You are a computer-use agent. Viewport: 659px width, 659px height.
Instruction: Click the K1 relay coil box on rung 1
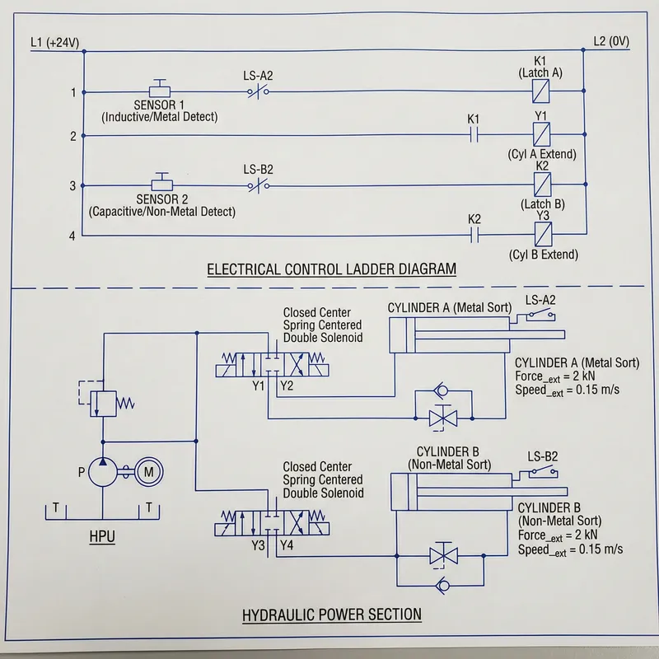pyautogui.click(x=541, y=91)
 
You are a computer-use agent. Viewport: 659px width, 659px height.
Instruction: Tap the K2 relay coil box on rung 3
pyautogui.click(x=541, y=185)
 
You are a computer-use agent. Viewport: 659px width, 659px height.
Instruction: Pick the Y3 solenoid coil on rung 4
pyautogui.click(x=541, y=236)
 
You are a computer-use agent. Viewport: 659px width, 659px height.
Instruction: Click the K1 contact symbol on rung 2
pyautogui.click(x=474, y=135)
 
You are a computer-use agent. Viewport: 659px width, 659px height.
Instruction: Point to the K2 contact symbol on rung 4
pyautogui.click(x=474, y=236)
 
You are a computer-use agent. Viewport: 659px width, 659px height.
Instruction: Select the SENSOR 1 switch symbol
pyautogui.click(x=161, y=89)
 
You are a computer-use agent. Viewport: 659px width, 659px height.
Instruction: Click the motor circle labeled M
pyautogui.click(x=148, y=472)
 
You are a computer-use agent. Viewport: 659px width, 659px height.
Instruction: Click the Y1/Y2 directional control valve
pyautogui.click(x=272, y=362)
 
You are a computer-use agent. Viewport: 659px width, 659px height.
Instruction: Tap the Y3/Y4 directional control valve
pyautogui.click(x=272, y=521)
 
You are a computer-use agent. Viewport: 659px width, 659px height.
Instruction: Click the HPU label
pyautogui.click(x=101, y=538)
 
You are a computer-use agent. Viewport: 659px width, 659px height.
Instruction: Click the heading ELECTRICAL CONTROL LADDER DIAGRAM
pyautogui.click(x=331, y=269)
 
